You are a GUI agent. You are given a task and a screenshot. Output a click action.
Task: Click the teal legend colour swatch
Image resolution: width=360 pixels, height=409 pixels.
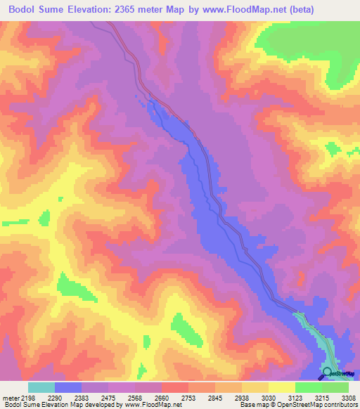[x=41, y=387]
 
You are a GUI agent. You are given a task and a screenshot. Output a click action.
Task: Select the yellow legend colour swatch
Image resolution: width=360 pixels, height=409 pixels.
[x=282, y=387]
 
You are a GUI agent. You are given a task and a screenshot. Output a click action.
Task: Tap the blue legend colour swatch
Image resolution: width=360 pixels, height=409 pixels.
[x=68, y=387]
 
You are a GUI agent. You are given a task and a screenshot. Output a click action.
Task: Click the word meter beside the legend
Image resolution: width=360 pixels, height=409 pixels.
[x=9, y=397]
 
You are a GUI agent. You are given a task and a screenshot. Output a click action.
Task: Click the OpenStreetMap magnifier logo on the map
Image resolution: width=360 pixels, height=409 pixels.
[x=327, y=372]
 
